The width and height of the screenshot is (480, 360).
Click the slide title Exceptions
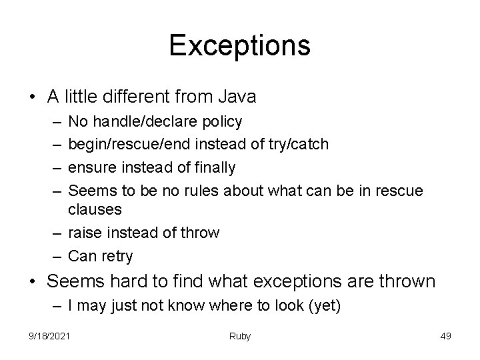tap(239, 45)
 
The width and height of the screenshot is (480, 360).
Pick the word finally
tap(211, 167)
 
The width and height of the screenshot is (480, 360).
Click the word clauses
tap(95, 209)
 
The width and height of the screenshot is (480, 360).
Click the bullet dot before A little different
tap(33, 97)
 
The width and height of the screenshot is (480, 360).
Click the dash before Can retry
tap(58, 255)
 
